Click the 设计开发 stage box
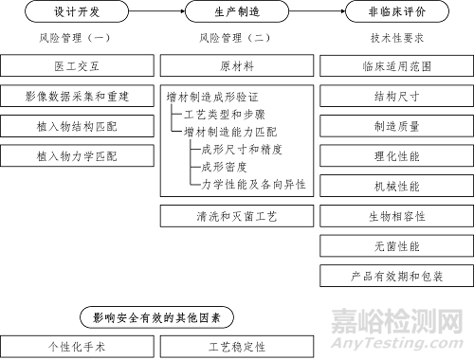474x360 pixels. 77,12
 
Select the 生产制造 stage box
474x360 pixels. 236,12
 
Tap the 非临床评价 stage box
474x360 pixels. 396,12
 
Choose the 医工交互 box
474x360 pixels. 77,66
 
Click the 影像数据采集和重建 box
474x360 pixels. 77,97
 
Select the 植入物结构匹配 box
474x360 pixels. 77,126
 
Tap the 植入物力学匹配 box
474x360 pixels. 77,155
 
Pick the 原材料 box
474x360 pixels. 236,66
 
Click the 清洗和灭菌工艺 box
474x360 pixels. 236,215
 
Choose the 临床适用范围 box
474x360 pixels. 396,66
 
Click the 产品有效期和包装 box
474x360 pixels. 396,275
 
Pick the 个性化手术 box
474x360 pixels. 77,347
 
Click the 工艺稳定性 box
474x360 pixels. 236,347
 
